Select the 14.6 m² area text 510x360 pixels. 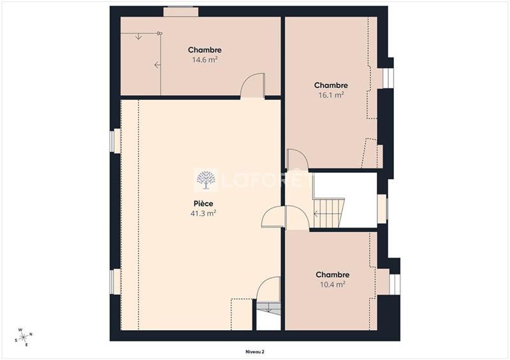pos(205,61)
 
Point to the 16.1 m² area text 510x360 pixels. pos(331,95)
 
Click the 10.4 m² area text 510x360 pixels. pos(332,285)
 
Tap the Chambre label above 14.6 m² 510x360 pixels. pos(205,50)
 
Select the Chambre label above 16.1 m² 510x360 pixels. pos(331,85)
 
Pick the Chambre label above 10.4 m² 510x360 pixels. pos(332,275)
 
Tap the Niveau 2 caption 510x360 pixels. pos(255,351)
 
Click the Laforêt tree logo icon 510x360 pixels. pos(205,180)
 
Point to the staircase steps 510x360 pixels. pos(328,213)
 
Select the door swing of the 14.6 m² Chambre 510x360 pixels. pos(253,85)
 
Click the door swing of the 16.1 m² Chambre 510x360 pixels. pos(297,159)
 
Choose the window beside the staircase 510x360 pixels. pos(382,209)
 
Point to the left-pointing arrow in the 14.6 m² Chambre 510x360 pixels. pos(157,64)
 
